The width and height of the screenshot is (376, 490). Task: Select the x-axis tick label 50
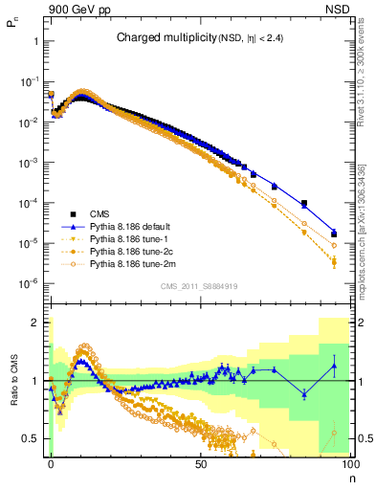200,462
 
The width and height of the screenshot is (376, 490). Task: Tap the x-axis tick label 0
51,462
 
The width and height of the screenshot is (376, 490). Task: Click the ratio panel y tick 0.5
34,438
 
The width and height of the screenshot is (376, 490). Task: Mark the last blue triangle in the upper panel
334,233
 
